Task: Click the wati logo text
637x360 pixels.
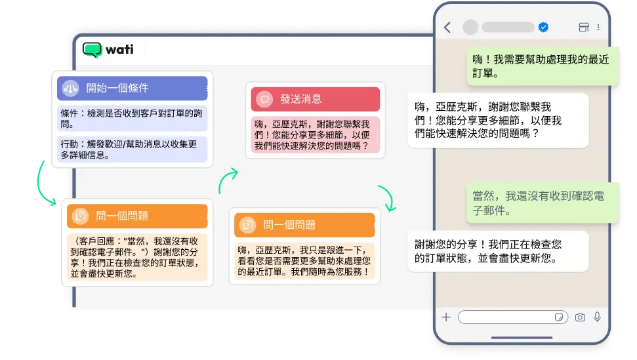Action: (x=119, y=50)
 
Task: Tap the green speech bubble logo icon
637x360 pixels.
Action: (x=92, y=50)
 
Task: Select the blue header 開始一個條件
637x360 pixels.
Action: (x=133, y=88)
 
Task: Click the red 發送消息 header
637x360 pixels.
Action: (x=316, y=99)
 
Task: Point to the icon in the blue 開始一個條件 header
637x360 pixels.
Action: (x=70, y=88)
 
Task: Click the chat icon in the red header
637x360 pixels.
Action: (x=264, y=99)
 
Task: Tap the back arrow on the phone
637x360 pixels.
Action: (x=447, y=27)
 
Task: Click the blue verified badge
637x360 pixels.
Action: (x=543, y=27)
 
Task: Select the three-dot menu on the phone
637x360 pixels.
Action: (x=598, y=27)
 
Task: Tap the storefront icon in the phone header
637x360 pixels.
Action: (x=584, y=27)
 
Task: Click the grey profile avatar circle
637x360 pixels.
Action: (x=470, y=27)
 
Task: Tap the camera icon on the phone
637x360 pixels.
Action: (x=580, y=317)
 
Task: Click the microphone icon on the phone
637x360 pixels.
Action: (x=597, y=317)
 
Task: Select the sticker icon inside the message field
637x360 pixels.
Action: (x=559, y=317)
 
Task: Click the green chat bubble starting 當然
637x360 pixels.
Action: (x=543, y=203)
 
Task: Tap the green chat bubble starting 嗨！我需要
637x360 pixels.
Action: (x=543, y=67)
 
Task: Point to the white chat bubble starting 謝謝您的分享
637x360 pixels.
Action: (x=498, y=251)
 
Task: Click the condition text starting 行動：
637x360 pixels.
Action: (x=133, y=150)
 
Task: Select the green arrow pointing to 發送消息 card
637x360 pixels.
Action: (x=228, y=180)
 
